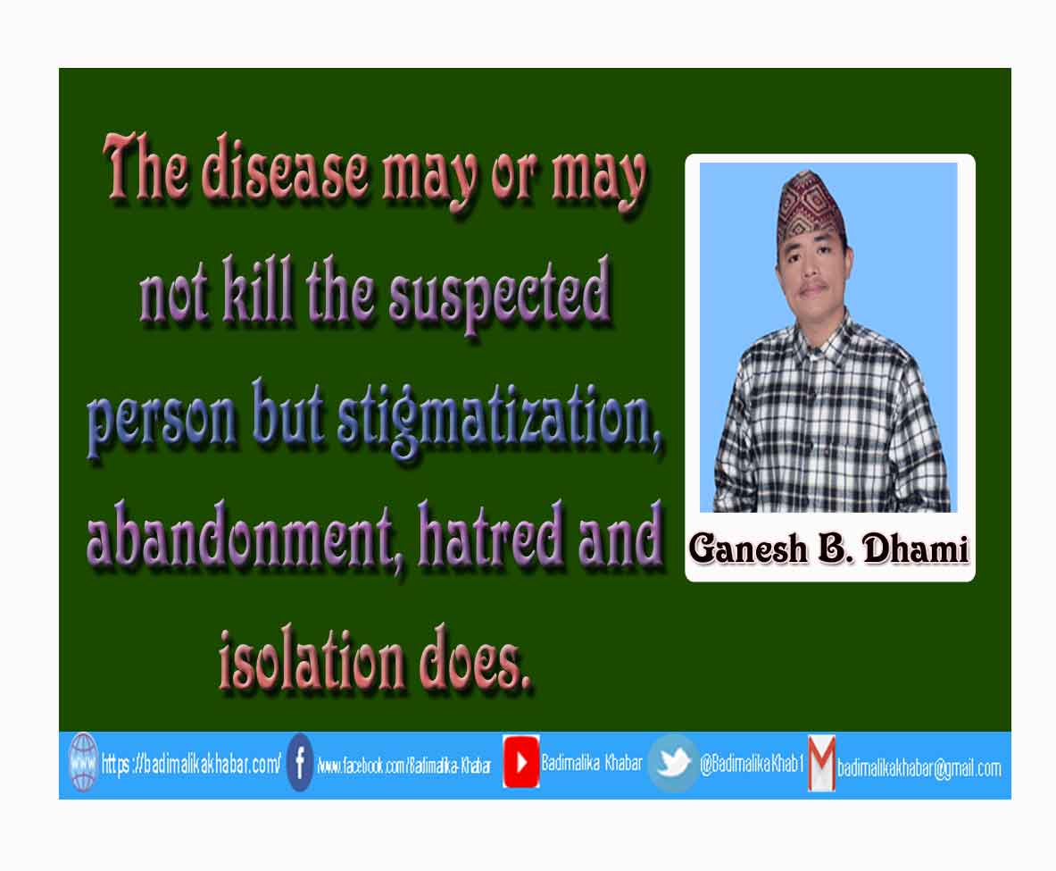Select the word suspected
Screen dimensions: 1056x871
click(501, 295)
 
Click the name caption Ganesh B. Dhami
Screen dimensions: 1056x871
click(829, 549)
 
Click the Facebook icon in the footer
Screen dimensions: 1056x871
click(300, 763)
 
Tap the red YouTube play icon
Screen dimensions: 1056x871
click(520, 762)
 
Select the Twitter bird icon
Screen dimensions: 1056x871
click(672, 763)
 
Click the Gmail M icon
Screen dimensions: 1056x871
click(821, 763)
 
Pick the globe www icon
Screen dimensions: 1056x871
click(84, 763)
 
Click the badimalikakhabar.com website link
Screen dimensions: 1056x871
click(191, 764)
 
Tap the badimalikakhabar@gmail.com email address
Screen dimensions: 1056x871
click(919, 768)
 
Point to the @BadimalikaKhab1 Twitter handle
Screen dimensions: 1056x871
click(752, 763)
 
